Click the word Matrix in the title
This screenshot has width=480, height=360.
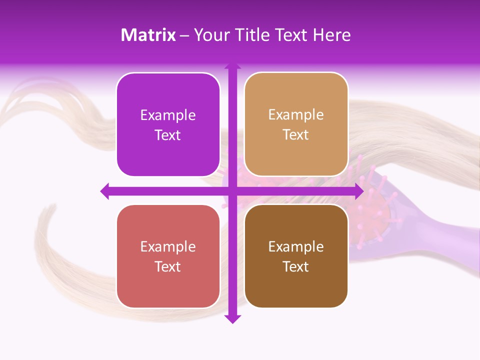(x=148, y=35)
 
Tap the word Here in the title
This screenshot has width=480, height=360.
(x=331, y=35)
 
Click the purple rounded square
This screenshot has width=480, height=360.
(x=168, y=125)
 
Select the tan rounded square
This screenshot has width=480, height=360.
(x=296, y=124)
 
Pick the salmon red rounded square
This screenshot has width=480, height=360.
(x=168, y=256)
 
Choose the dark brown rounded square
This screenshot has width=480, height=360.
(x=296, y=256)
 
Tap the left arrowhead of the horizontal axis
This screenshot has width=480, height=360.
(x=105, y=191)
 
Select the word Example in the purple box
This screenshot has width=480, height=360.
(x=168, y=115)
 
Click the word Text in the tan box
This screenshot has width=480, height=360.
(x=296, y=135)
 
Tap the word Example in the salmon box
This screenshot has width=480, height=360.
(x=168, y=247)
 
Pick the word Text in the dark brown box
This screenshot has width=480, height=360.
(x=296, y=267)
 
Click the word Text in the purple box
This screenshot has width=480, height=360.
(x=168, y=135)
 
